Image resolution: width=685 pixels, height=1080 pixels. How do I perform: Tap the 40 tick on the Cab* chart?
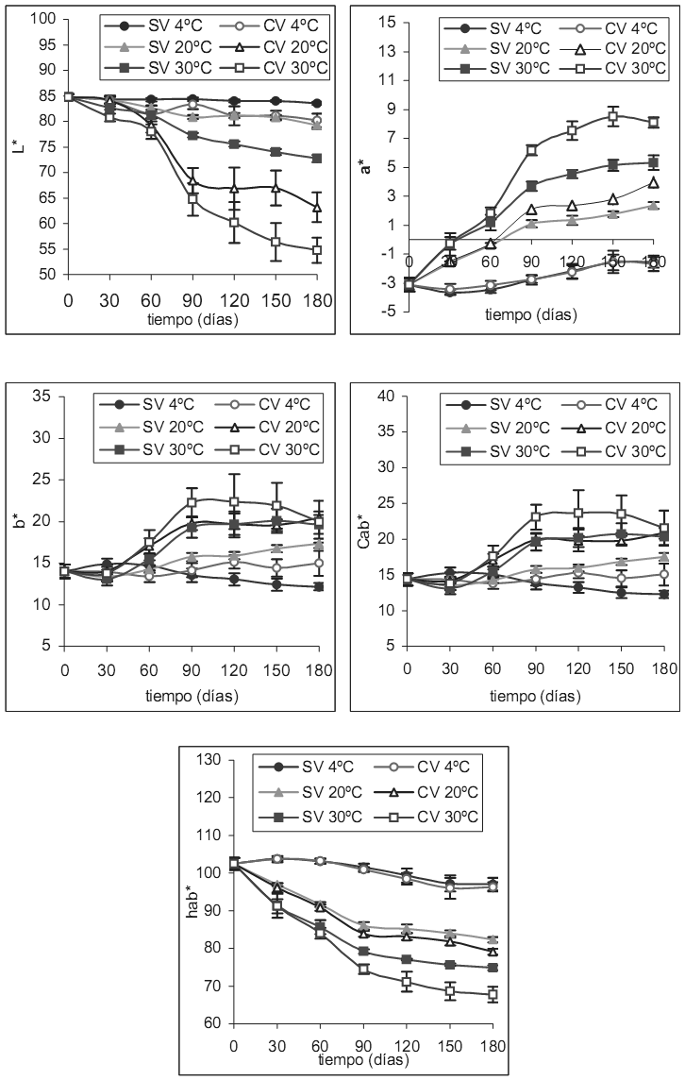[x=387, y=397]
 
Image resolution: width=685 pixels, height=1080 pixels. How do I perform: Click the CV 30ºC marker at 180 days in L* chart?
[x=318, y=250]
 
